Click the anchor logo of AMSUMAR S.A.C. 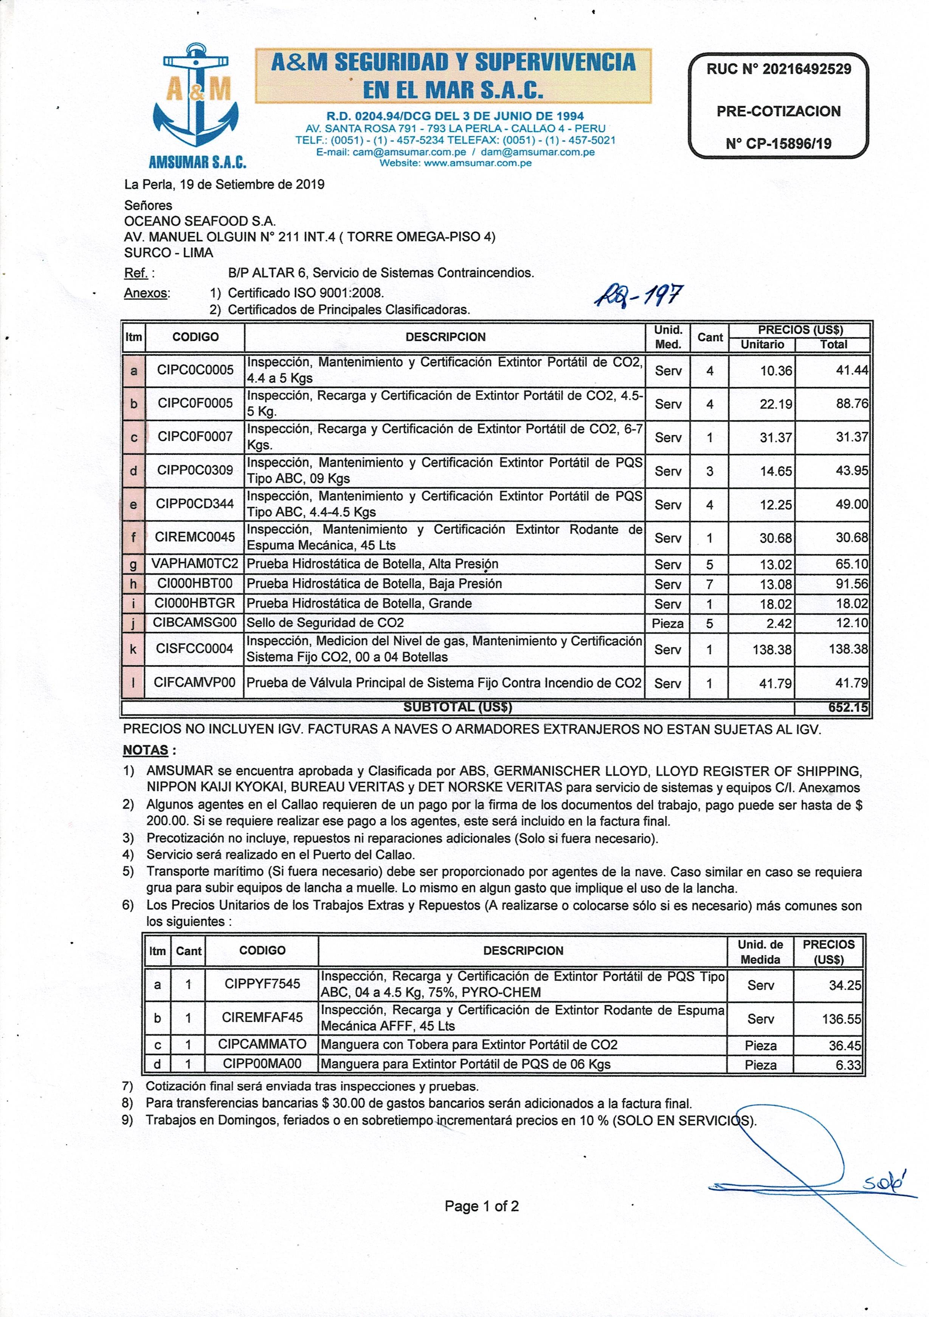click(196, 98)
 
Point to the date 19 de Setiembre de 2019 click(252, 185)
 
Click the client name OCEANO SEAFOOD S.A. click(200, 221)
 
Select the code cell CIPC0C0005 click(195, 370)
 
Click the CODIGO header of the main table click(195, 337)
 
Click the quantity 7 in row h click(709, 584)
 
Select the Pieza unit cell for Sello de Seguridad click(667, 623)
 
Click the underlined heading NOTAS click(146, 750)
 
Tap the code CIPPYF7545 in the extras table click(262, 984)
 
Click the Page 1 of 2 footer click(481, 1206)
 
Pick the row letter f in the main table click(134, 538)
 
